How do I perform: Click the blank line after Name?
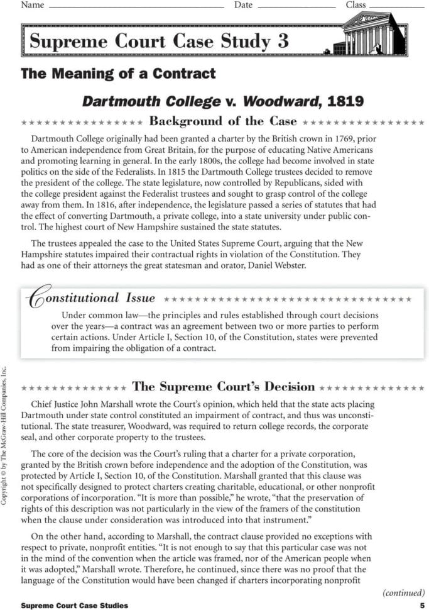tap(136, 6)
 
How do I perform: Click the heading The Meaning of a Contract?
tap(118, 74)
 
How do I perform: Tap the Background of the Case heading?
tap(223, 121)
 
